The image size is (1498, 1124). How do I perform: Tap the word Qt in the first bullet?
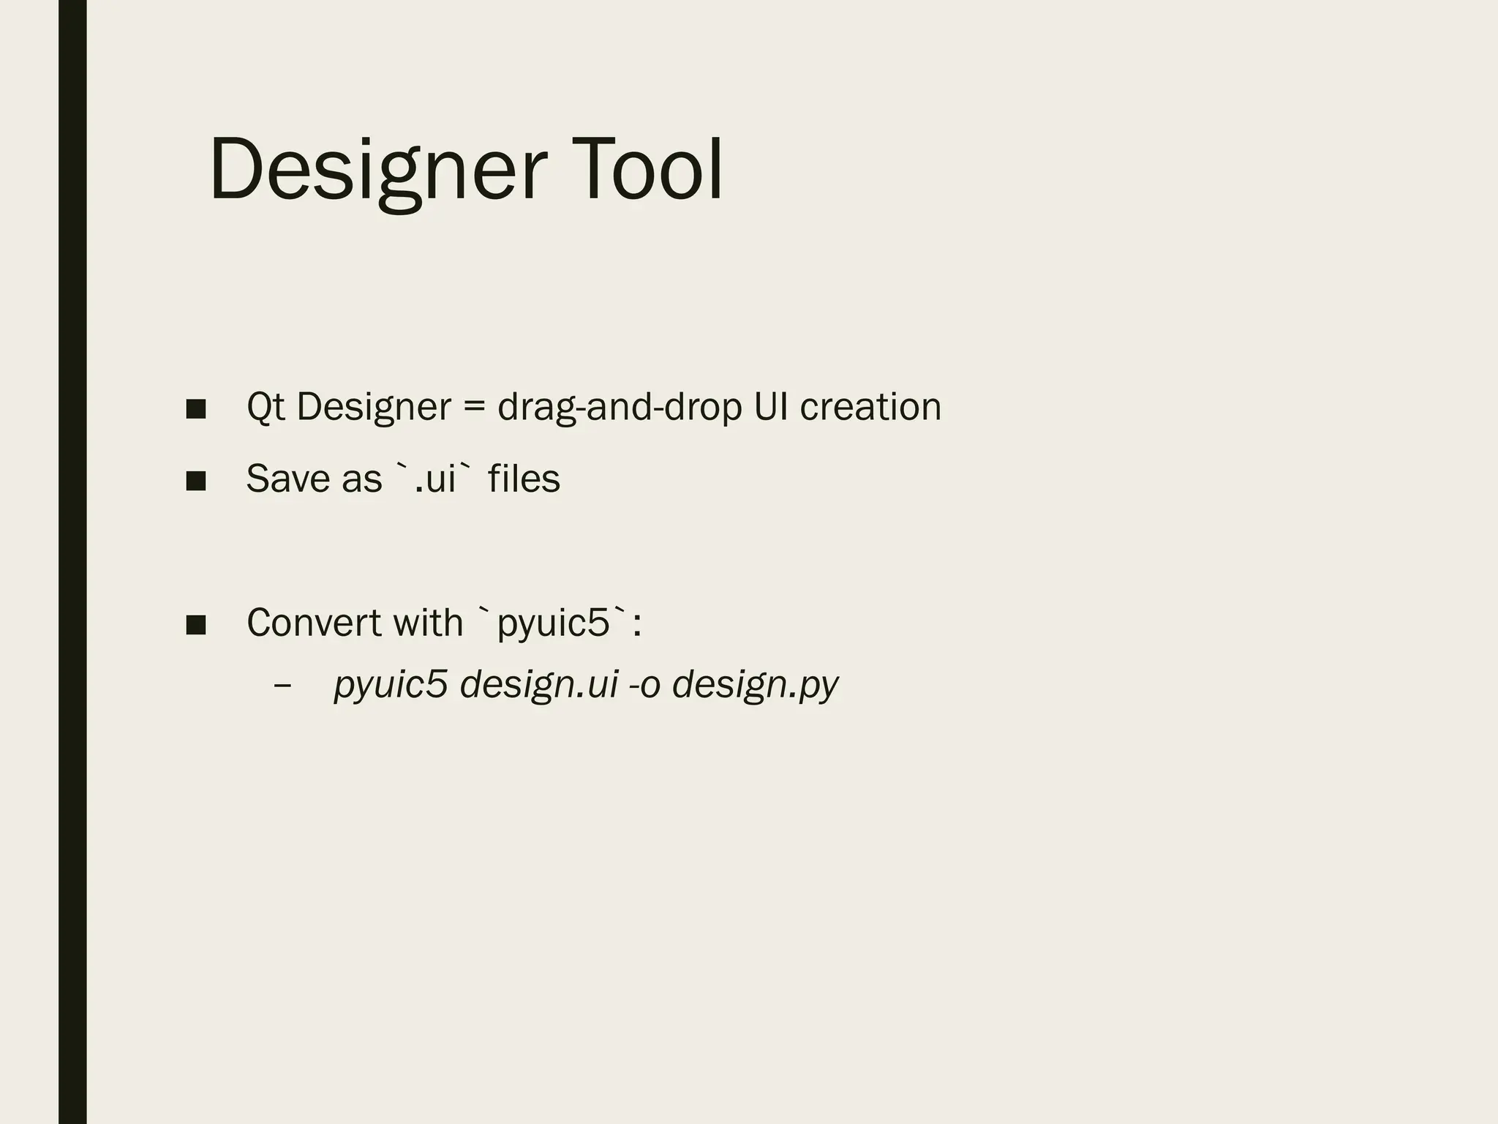tap(266, 407)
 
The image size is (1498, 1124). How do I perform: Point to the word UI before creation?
tap(771, 407)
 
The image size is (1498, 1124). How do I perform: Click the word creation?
tap(870, 407)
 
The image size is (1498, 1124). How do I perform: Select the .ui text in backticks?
tap(434, 479)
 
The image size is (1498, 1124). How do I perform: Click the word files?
tap(524, 479)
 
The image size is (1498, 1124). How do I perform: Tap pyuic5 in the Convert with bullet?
tap(553, 623)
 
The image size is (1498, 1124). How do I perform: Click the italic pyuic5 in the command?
tap(391, 685)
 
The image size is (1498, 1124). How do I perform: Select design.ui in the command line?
tap(539, 685)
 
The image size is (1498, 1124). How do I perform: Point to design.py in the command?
tap(755, 685)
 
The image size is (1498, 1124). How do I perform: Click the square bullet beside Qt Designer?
tap(196, 408)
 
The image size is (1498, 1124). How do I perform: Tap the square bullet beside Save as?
tap(196, 481)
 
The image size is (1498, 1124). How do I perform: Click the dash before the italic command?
tap(282, 686)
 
